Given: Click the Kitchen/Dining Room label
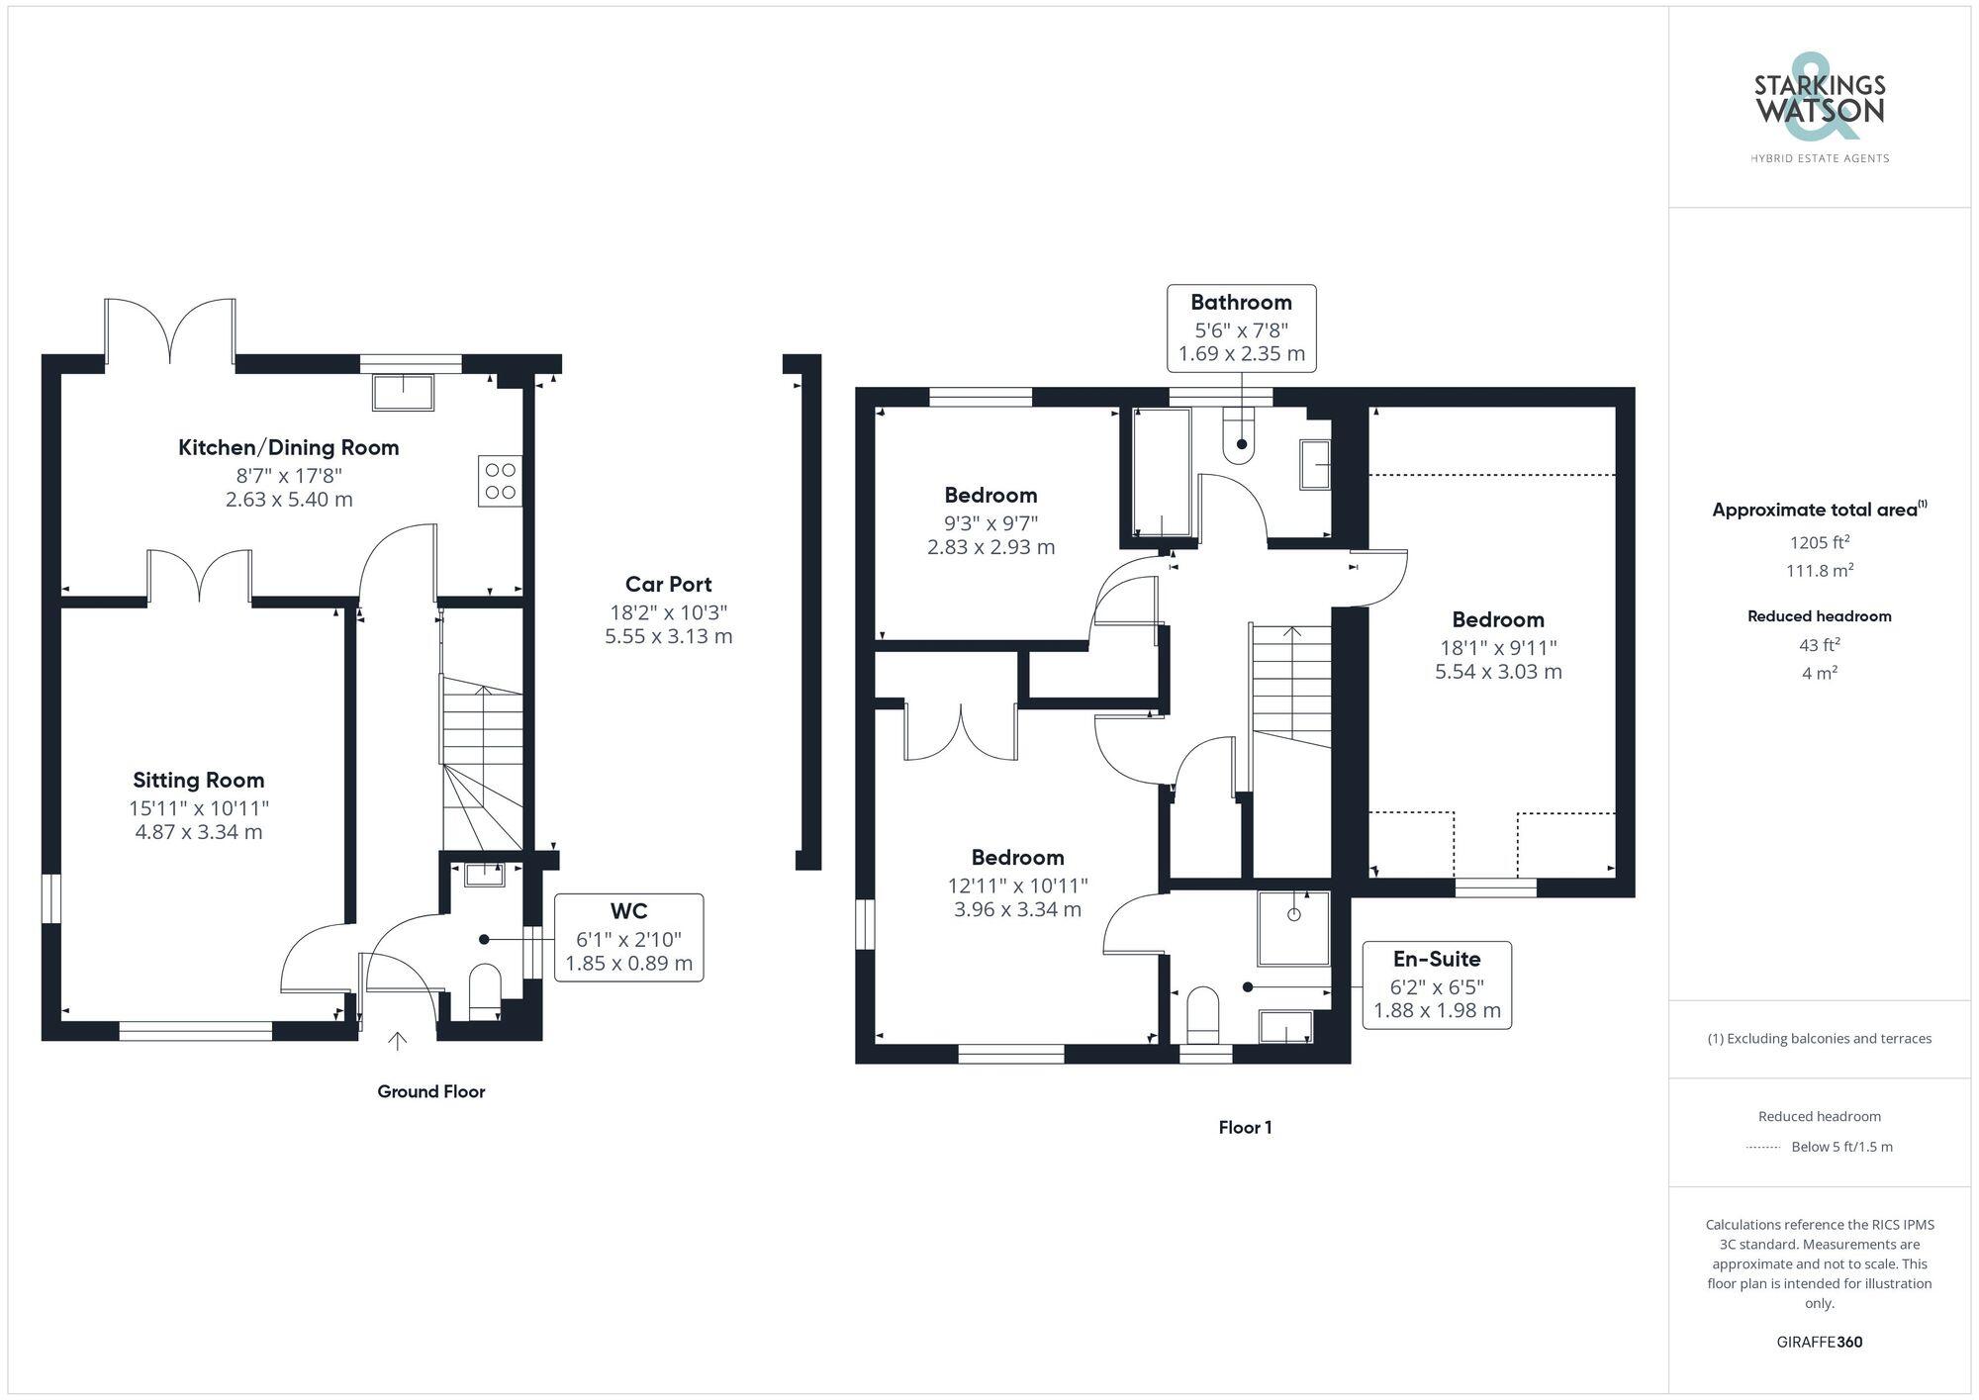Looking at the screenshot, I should (x=288, y=447).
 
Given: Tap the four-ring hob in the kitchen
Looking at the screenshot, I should (x=500, y=481).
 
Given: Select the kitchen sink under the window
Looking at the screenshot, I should (x=403, y=393).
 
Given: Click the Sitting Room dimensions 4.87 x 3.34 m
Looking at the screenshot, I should (x=199, y=832).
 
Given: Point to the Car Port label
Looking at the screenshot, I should (x=668, y=584).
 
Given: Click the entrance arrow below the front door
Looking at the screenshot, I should (x=397, y=1041).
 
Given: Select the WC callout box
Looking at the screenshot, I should (x=628, y=937).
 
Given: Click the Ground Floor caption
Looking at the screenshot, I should (x=430, y=1091).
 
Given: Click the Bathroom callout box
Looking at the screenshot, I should (x=1241, y=328).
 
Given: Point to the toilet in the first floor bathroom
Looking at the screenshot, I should (x=1240, y=439).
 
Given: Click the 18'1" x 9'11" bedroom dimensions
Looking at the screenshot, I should (x=1498, y=660).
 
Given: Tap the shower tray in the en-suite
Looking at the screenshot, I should (x=1293, y=928).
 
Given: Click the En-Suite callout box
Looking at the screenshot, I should (x=1437, y=984).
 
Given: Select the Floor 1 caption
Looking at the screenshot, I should (x=1245, y=1127).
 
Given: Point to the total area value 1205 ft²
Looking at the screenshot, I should (x=1819, y=542).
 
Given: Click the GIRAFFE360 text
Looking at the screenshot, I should (x=1819, y=1342).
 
